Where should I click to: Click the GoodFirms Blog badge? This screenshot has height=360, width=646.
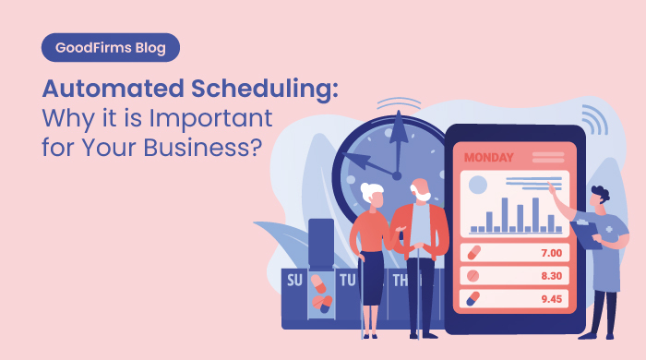[x=111, y=46]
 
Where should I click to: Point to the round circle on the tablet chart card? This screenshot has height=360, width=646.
[x=478, y=186]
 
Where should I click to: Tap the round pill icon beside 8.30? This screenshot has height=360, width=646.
[x=473, y=275]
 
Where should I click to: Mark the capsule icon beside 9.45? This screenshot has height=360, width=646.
[x=473, y=298]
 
